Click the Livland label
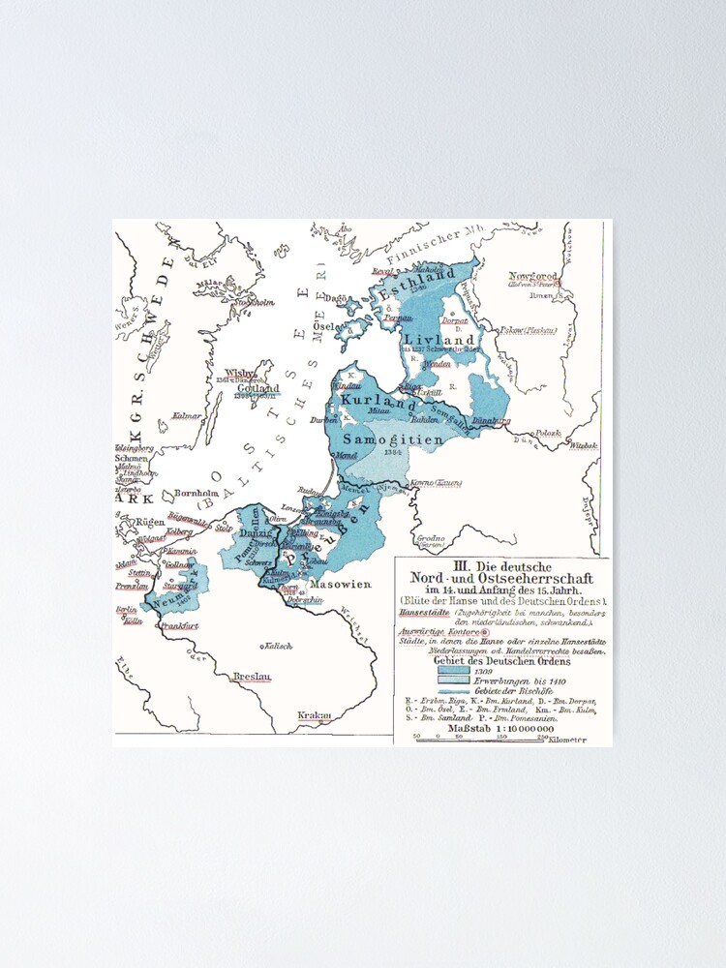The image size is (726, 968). coord(439,339)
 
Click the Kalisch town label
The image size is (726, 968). coord(278,644)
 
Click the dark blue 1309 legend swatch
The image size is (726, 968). coord(452,669)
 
